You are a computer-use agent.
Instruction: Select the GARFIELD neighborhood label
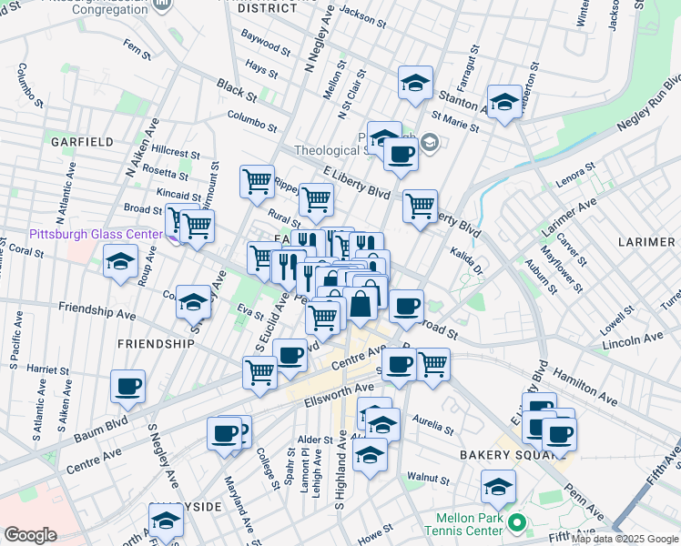(x=82, y=142)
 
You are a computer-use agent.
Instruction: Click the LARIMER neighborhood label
(x=646, y=242)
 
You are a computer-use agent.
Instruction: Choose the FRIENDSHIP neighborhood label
(x=155, y=344)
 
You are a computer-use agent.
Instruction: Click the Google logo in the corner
(x=30, y=535)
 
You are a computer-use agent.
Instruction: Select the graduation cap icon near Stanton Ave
(x=415, y=83)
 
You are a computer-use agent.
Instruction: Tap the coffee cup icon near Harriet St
(x=127, y=386)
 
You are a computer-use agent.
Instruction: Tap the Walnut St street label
(x=429, y=477)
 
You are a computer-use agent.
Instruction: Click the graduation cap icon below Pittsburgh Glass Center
(x=118, y=262)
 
